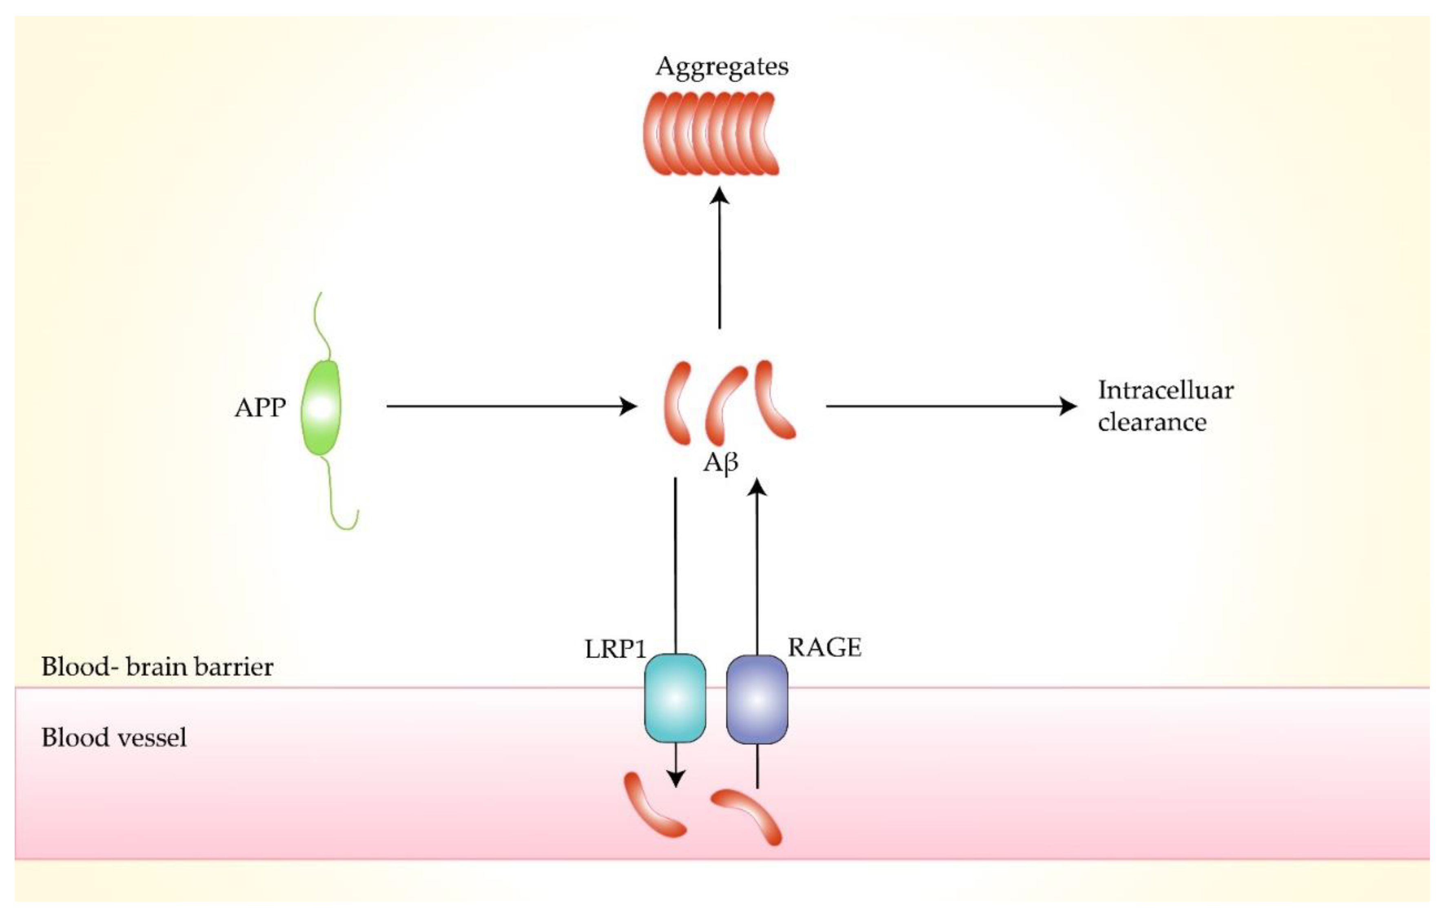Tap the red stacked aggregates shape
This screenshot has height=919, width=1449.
click(711, 133)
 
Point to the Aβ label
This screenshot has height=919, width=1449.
click(720, 463)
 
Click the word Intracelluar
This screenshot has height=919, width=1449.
click(1165, 390)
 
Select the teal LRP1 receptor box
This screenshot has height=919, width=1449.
click(675, 698)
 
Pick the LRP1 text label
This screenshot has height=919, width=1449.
click(615, 649)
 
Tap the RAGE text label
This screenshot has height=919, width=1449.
click(824, 648)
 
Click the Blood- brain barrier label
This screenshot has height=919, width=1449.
click(157, 667)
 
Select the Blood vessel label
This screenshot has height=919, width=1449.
click(114, 737)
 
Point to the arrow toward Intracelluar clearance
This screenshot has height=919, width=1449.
click(951, 406)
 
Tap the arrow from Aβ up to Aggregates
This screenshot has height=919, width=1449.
click(719, 259)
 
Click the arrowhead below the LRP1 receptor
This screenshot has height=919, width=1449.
click(676, 778)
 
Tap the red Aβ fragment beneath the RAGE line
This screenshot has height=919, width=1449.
click(749, 815)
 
